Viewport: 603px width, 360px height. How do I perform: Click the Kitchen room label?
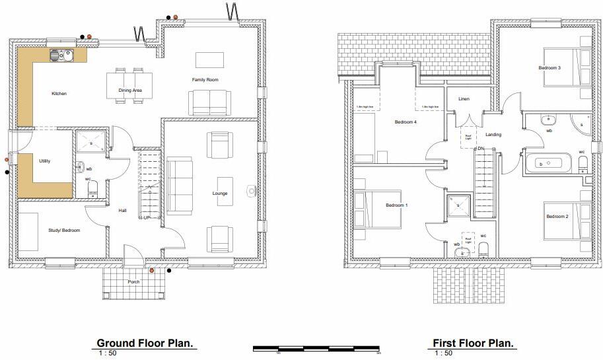click(59, 94)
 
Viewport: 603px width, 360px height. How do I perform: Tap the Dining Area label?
click(130, 90)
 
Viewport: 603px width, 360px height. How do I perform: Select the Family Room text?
click(205, 80)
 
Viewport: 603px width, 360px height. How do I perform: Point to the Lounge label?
click(219, 194)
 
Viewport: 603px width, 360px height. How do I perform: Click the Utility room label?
click(44, 161)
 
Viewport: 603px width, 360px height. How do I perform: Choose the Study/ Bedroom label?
click(64, 231)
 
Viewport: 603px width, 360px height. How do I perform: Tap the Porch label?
click(134, 282)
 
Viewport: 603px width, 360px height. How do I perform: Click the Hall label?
click(123, 211)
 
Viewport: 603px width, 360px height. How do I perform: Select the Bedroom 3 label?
click(549, 68)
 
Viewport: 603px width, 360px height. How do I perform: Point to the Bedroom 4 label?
click(406, 122)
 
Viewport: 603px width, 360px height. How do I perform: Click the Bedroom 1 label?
click(397, 205)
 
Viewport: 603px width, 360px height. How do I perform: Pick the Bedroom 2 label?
click(557, 217)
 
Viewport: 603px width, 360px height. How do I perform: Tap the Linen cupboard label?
click(464, 99)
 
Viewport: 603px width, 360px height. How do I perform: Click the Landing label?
click(493, 135)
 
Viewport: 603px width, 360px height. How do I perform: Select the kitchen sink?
click(65, 55)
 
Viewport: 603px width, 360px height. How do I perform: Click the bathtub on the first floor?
click(548, 162)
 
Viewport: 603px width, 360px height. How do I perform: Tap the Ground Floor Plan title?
click(145, 343)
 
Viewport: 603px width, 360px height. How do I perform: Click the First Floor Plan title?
click(473, 343)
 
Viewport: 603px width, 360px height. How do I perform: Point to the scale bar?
click(318, 348)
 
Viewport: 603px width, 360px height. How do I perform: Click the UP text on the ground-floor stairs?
click(147, 218)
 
